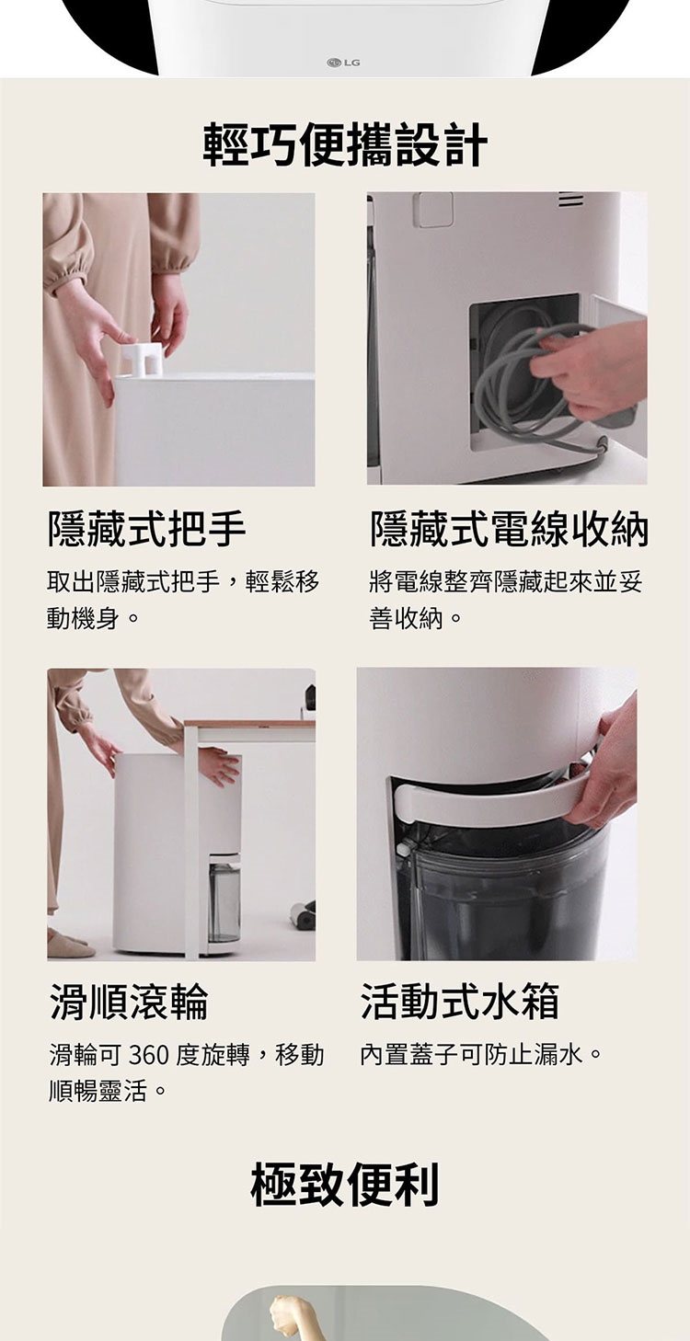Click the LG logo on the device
[343, 63]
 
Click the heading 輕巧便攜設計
[345, 144]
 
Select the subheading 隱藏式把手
[147, 529]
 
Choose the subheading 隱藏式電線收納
[509, 529]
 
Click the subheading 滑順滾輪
[129, 1001]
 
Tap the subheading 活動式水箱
[460, 1001]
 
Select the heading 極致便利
[345, 1183]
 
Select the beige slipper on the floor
[70, 944]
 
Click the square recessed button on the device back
[435, 210]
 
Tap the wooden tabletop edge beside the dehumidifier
[249, 723]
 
